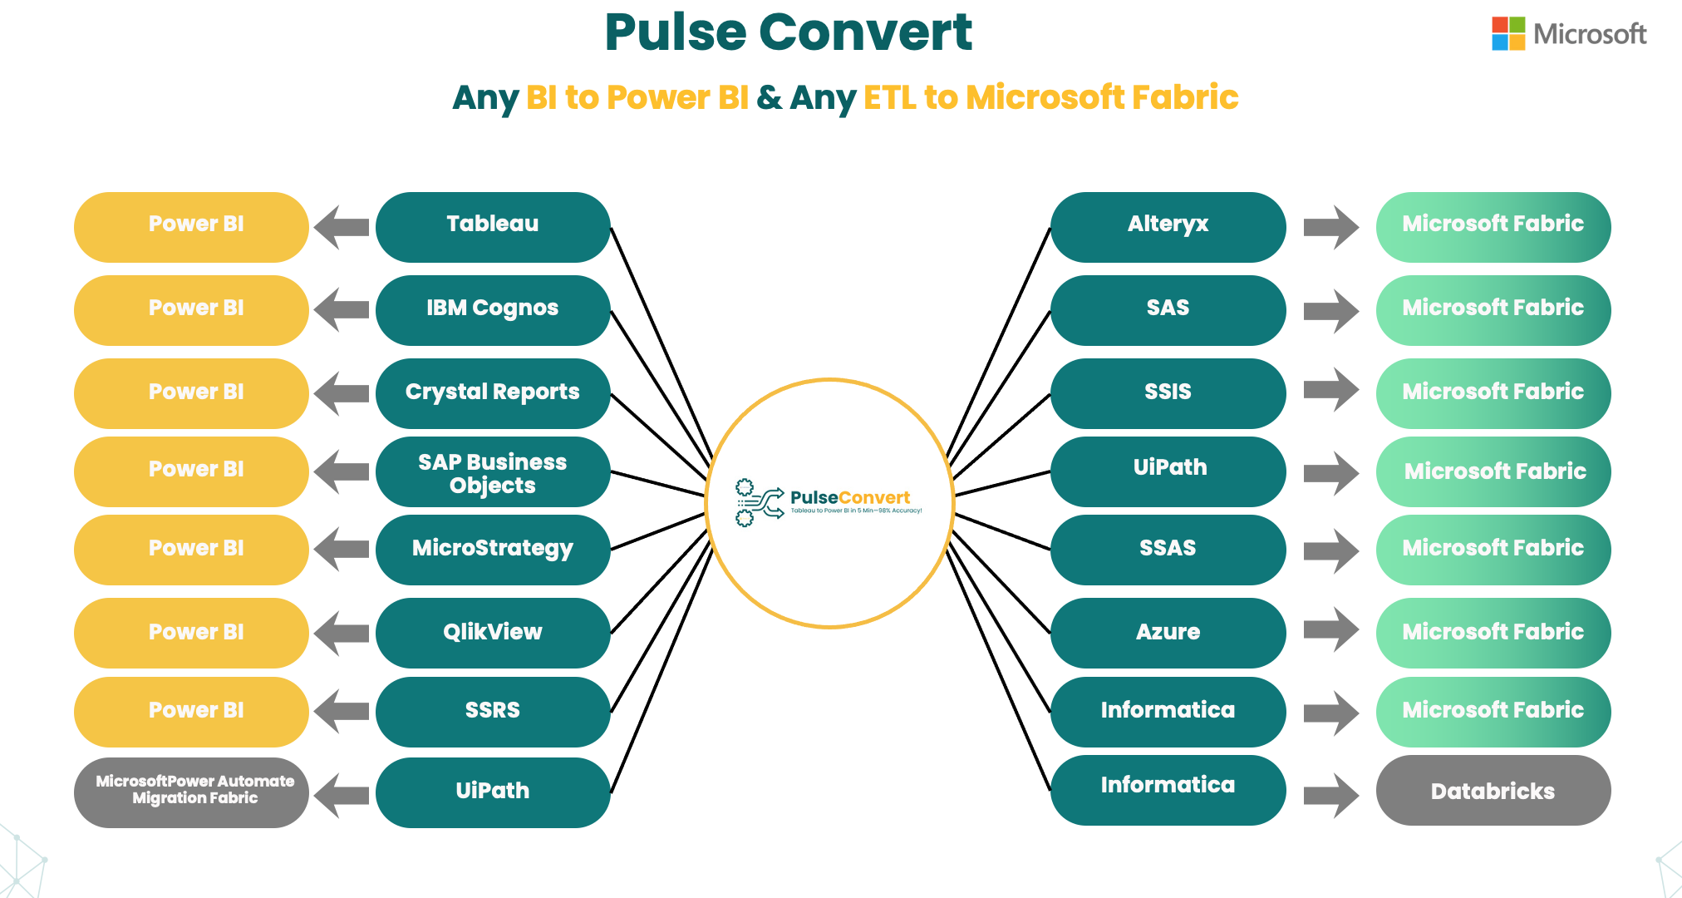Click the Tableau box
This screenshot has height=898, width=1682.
click(493, 226)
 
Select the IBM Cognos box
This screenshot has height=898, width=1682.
click(493, 309)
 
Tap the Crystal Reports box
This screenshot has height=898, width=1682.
click(493, 392)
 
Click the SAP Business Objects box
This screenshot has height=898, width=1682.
click(493, 472)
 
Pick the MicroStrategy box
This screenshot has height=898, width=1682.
click(493, 549)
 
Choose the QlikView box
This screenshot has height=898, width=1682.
click(493, 632)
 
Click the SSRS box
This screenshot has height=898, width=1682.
click(493, 711)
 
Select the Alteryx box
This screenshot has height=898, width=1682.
click(1168, 226)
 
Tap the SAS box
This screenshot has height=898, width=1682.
click(1168, 309)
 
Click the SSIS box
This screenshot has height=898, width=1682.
click(1168, 392)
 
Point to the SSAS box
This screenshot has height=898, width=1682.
click(1168, 549)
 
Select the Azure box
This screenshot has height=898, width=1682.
click(1168, 632)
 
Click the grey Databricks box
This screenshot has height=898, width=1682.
click(1493, 791)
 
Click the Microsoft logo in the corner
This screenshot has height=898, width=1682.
click(1568, 34)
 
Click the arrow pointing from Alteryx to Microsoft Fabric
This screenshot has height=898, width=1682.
click(1330, 227)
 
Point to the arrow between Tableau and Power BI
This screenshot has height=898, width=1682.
click(342, 227)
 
